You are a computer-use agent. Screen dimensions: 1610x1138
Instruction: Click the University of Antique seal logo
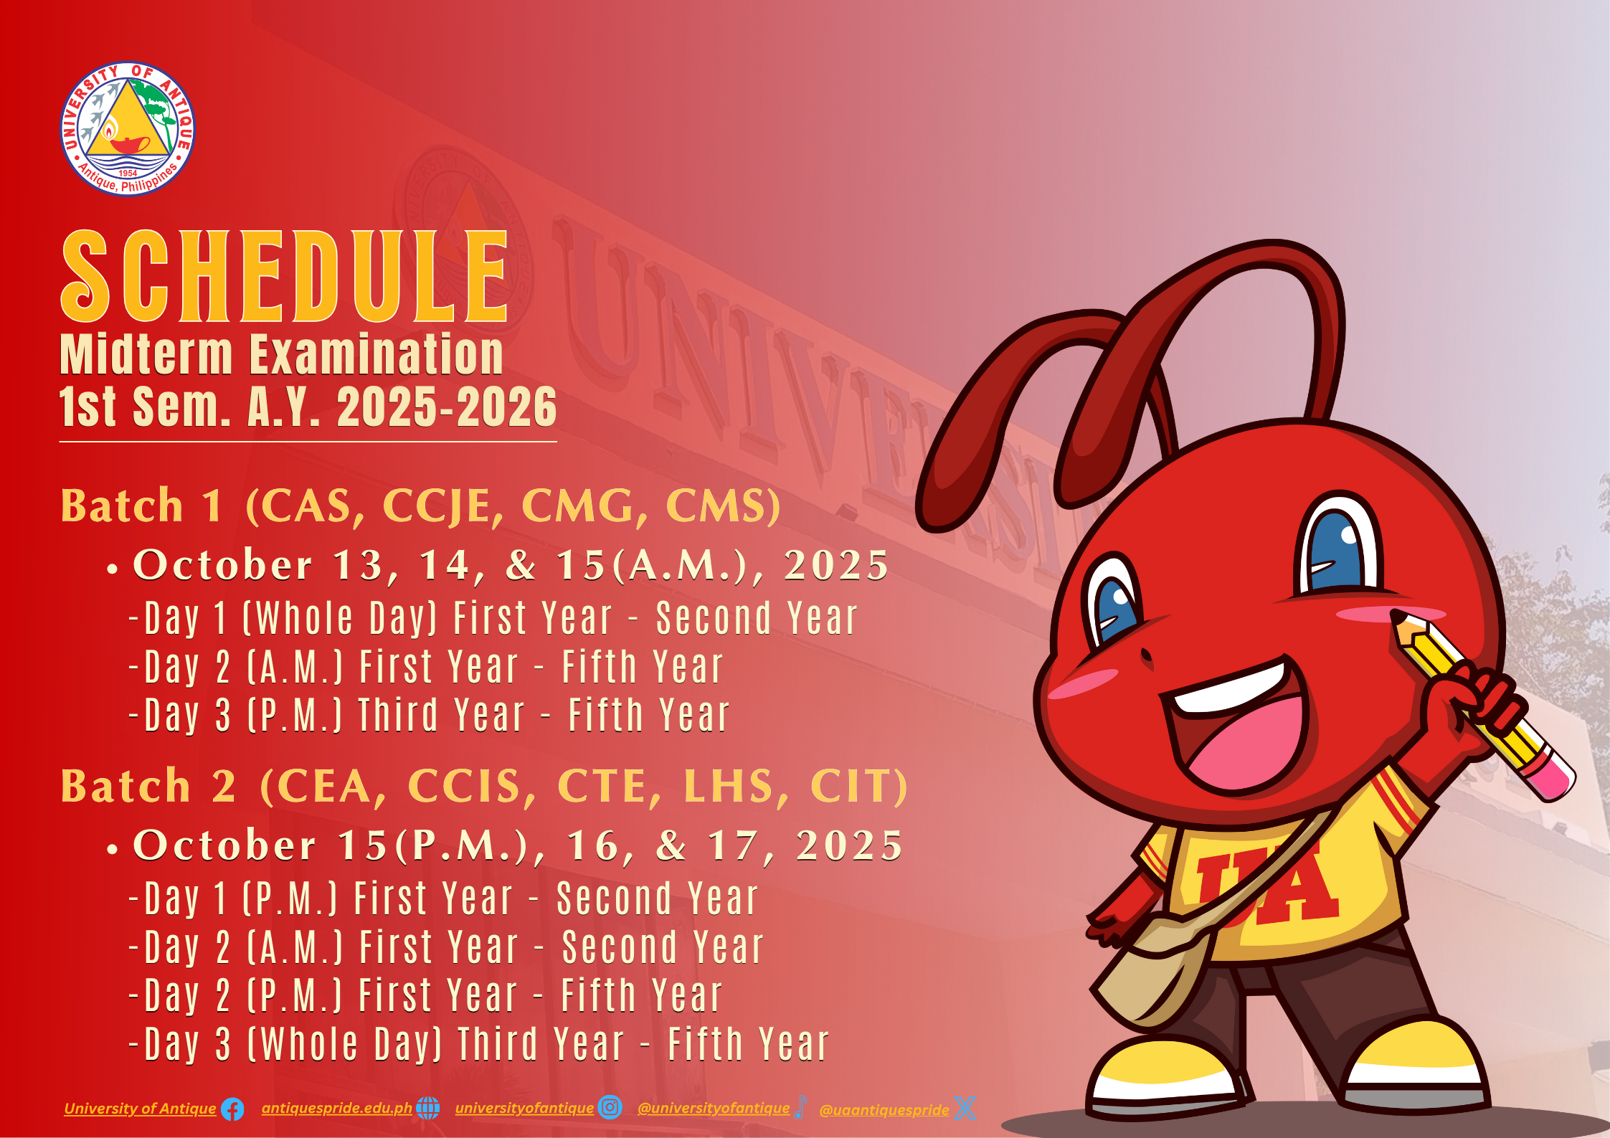128,128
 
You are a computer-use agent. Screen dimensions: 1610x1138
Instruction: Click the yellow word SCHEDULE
285,276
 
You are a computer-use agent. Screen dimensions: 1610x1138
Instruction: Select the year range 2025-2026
447,407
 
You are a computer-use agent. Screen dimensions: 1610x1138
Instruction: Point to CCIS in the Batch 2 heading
471,787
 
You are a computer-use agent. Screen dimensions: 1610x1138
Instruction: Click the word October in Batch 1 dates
223,564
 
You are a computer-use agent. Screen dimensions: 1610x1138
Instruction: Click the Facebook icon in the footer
232,1109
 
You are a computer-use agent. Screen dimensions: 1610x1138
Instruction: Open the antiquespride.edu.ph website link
336,1108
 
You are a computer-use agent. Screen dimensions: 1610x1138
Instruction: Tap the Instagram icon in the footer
610,1107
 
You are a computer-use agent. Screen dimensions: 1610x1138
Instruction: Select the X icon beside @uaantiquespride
965,1109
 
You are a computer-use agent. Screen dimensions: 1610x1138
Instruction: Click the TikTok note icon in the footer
800,1108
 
